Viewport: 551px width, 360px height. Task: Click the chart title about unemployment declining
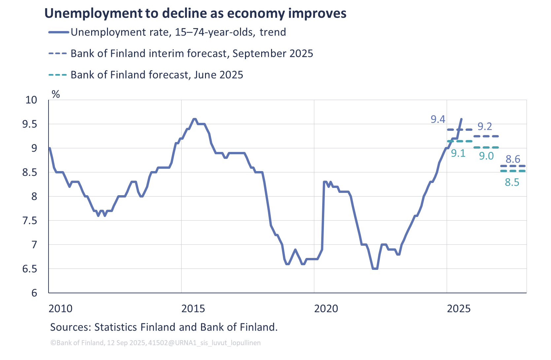point(195,14)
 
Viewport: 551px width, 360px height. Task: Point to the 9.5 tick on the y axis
point(30,125)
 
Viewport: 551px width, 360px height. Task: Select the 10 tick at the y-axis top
point(31,100)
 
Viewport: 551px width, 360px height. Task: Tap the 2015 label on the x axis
point(193,309)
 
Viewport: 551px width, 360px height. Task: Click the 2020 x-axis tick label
point(326,309)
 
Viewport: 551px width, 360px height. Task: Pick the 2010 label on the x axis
point(60,309)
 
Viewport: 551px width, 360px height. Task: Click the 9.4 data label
point(438,119)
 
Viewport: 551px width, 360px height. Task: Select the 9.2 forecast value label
point(485,126)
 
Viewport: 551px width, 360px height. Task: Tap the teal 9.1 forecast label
point(458,153)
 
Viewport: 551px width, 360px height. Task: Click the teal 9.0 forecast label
point(486,156)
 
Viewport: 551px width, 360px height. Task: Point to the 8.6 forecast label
point(513,159)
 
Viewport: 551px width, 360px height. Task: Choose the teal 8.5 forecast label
point(512,182)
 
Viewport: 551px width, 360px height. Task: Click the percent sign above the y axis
point(56,94)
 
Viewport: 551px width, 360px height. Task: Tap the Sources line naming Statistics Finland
point(164,327)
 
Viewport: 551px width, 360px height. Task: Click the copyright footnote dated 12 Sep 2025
point(155,343)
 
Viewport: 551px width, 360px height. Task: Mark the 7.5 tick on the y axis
point(30,221)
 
